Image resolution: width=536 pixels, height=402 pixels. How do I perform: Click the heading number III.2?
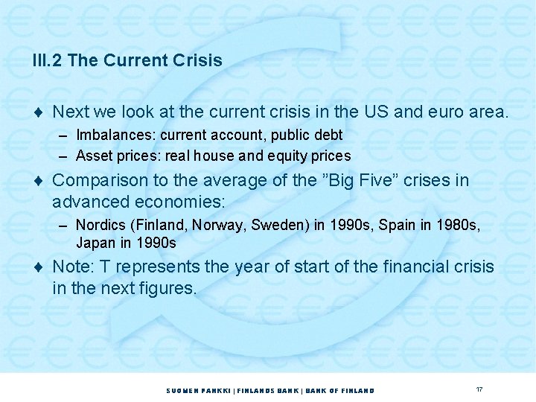pos(48,61)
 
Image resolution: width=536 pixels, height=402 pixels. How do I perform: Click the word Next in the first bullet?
pos(71,112)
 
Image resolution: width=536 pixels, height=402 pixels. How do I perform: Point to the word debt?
pos(328,135)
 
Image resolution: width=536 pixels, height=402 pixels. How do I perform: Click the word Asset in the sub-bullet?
pos(93,156)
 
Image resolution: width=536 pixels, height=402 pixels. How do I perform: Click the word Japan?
pos(94,243)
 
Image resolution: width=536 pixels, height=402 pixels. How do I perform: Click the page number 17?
pos(479,389)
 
